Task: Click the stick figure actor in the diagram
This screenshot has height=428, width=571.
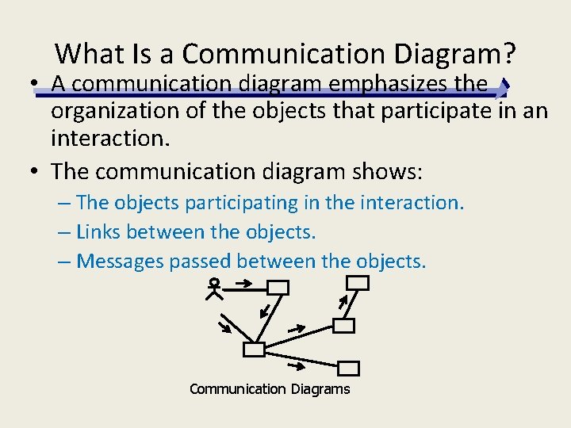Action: [x=213, y=289]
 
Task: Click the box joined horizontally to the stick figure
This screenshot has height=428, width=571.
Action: [x=278, y=288]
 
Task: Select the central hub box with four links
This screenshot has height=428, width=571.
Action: [x=254, y=350]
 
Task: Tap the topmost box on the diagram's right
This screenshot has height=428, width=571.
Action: [x=358, y=283]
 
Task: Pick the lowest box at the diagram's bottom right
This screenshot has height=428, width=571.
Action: [x=349, y=368]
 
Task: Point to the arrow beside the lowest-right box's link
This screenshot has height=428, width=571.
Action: [x=298, y=365]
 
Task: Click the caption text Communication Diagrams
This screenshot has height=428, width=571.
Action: [x=270, y=389]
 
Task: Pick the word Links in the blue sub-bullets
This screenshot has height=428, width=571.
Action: [x=98, y=231]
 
